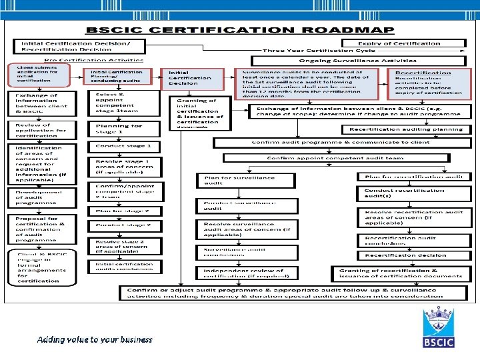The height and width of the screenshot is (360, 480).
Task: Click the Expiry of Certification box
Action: (403, 43)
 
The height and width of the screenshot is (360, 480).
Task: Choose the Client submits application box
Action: (38, 75)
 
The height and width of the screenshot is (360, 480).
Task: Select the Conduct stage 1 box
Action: (125, 146)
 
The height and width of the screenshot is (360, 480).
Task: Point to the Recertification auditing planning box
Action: (406, 129)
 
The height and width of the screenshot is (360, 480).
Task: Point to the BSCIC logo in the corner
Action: (438, 327)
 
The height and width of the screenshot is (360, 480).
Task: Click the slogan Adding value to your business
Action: (95, 339)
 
